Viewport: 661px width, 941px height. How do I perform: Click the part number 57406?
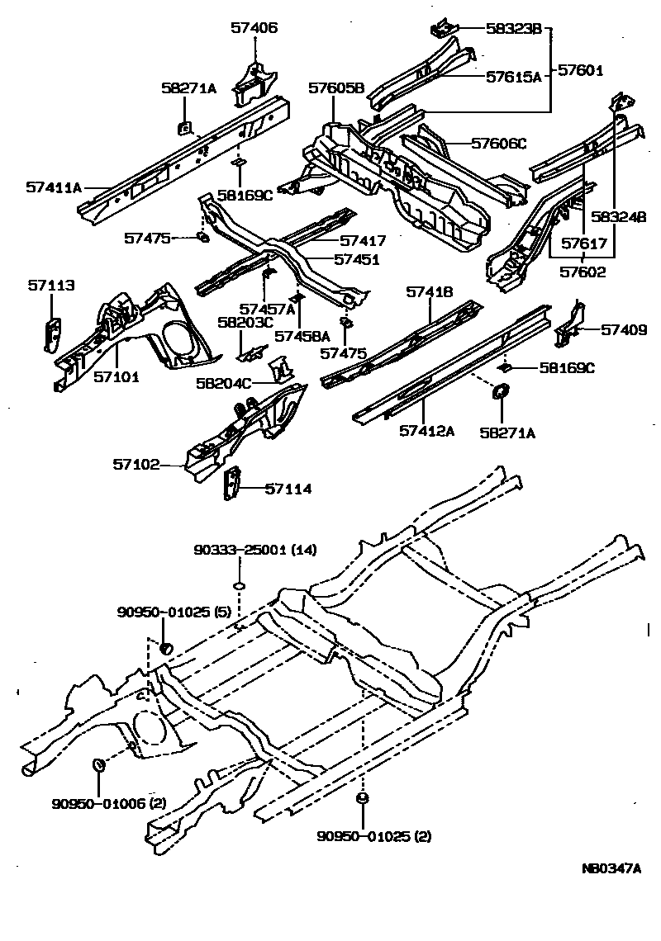tap(254, 27)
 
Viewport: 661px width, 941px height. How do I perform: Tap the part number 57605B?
tap(336, 88)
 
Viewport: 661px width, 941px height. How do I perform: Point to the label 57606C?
tap(498, 143)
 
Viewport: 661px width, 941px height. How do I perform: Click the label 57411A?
tap(54, 187)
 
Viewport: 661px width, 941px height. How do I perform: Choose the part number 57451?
tap(357, 259)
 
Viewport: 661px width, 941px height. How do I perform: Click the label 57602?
tap(583, 272)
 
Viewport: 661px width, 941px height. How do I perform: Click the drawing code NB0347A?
tap(611, 868)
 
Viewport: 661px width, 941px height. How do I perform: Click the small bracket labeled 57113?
tap(50, 332)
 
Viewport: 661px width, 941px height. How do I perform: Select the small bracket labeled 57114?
tap(232, 484)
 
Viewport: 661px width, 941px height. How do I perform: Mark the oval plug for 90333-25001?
tap(240, 585)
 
